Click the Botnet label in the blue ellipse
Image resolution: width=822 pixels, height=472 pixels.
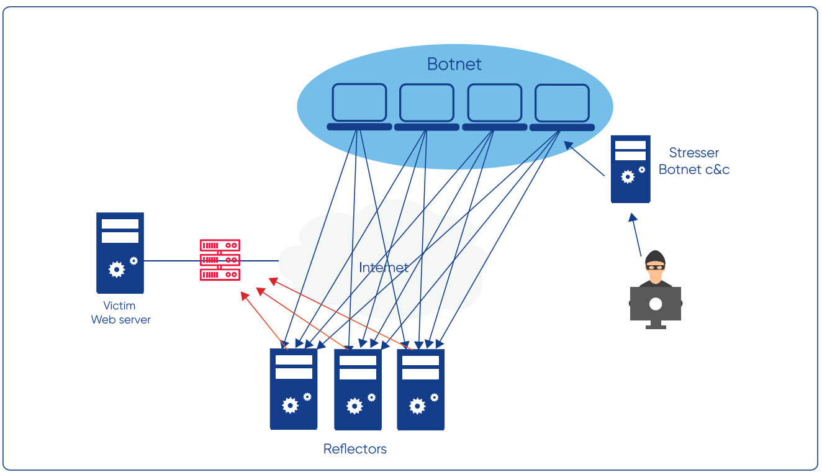tap(454, 64)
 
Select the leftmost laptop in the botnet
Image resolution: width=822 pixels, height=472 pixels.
tap(359, 104)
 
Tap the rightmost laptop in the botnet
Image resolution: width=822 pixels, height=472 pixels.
tap(562, 104)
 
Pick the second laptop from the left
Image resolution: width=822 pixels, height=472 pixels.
tap(427, 104)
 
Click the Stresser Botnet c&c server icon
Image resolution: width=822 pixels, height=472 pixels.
tap(630, 169)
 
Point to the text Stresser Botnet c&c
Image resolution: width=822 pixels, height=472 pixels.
tap(694, 161)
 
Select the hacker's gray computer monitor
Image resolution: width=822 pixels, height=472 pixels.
tap(656, 304)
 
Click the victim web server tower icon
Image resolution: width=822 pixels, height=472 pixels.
tap(120, 253)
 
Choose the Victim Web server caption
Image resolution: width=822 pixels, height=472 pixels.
tap(120, 312)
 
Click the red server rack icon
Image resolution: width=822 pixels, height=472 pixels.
tap(220, 260)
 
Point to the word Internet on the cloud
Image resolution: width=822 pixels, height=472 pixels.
tap(384, 268)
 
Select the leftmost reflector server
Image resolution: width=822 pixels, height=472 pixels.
tap(294, 389)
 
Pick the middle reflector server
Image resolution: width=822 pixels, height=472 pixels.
tap(358, 389)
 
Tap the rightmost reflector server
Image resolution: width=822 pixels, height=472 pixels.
tap(421, 389)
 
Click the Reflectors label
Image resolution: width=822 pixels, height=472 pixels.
tap(355, 449)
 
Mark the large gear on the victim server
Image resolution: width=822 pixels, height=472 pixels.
tap(116, 270)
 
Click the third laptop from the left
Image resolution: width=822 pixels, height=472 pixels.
tap(494, 104)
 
